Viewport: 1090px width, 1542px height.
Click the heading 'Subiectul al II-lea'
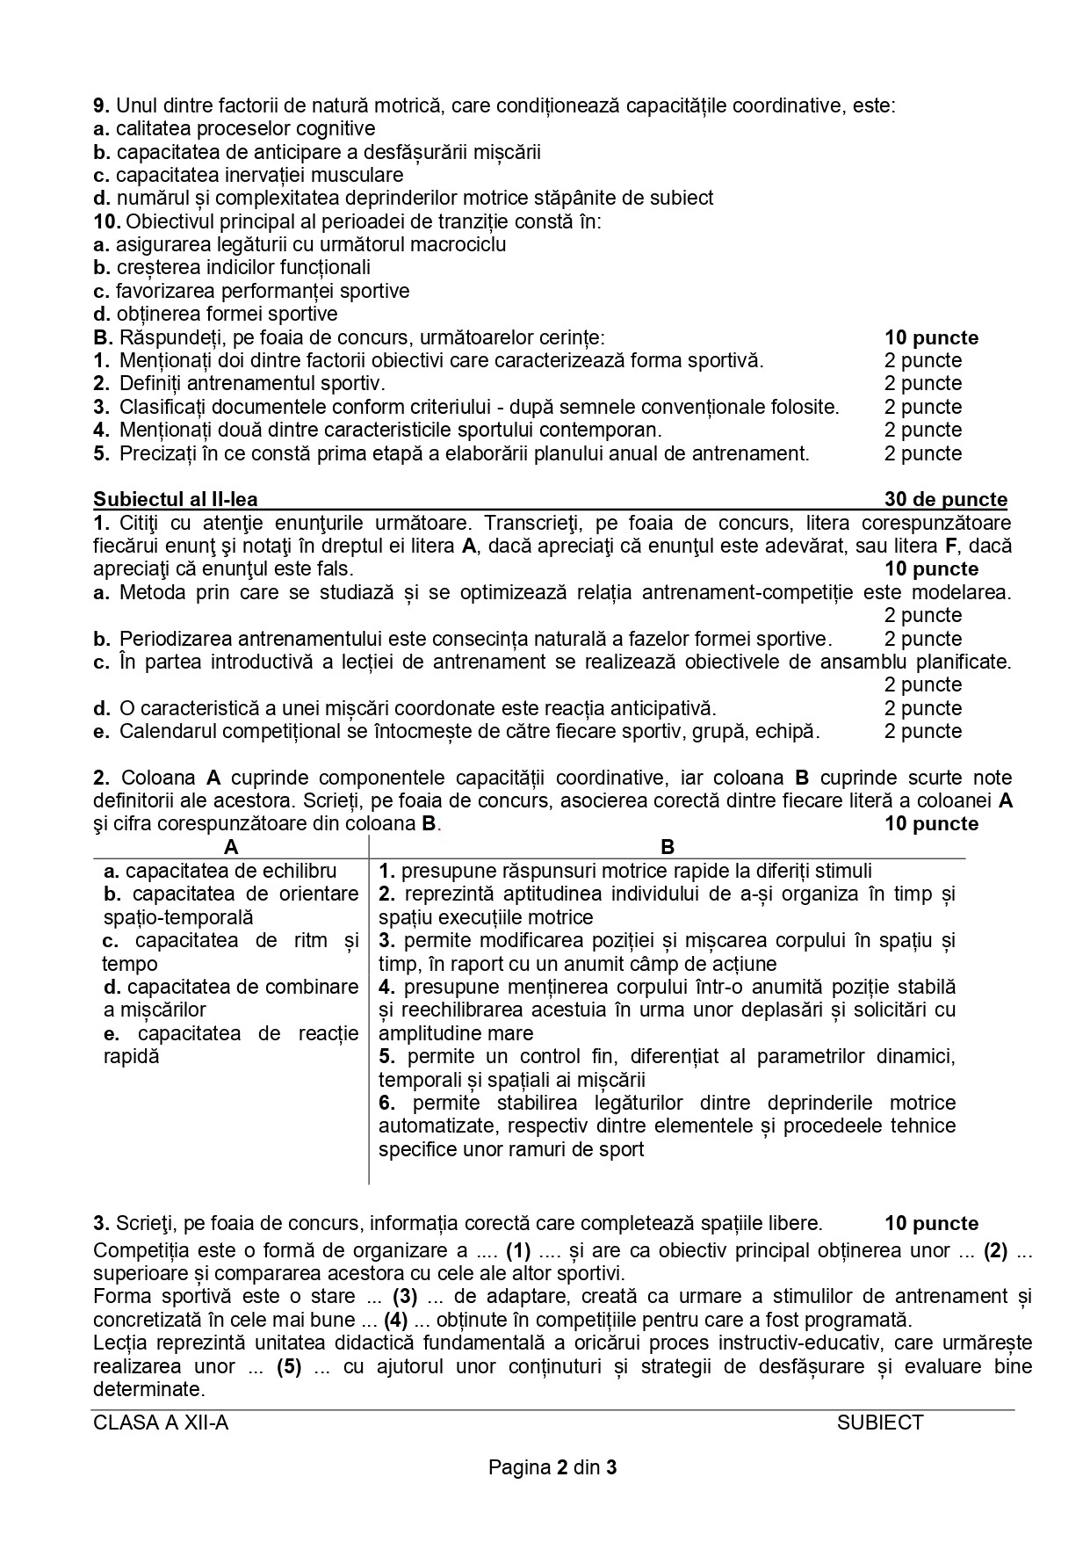tap(176, 499)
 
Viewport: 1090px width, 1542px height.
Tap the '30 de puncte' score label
tap(945, 499)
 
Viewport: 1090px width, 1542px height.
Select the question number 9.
tap(100, 105)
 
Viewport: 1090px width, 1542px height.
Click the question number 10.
tap(105, 221)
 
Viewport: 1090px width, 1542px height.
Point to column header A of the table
tap(231, 846)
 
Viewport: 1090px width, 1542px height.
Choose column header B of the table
tap(668, 846)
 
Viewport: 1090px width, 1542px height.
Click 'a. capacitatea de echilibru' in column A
tap(220, 871)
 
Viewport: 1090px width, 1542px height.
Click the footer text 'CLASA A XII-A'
tap(161, 1423)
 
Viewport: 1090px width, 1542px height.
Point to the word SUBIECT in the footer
tap(880, 1423)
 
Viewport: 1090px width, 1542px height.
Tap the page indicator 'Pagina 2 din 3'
tap(553, 1467)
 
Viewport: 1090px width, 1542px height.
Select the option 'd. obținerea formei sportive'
tap(215, 314)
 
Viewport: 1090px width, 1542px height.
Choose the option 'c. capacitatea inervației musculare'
tap(249, 175)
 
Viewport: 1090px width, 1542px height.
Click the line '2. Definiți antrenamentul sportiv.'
tap(239, 383)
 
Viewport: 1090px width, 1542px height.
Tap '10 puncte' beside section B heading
tap(931, 337)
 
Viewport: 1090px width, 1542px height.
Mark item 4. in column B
tap(387, 987)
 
